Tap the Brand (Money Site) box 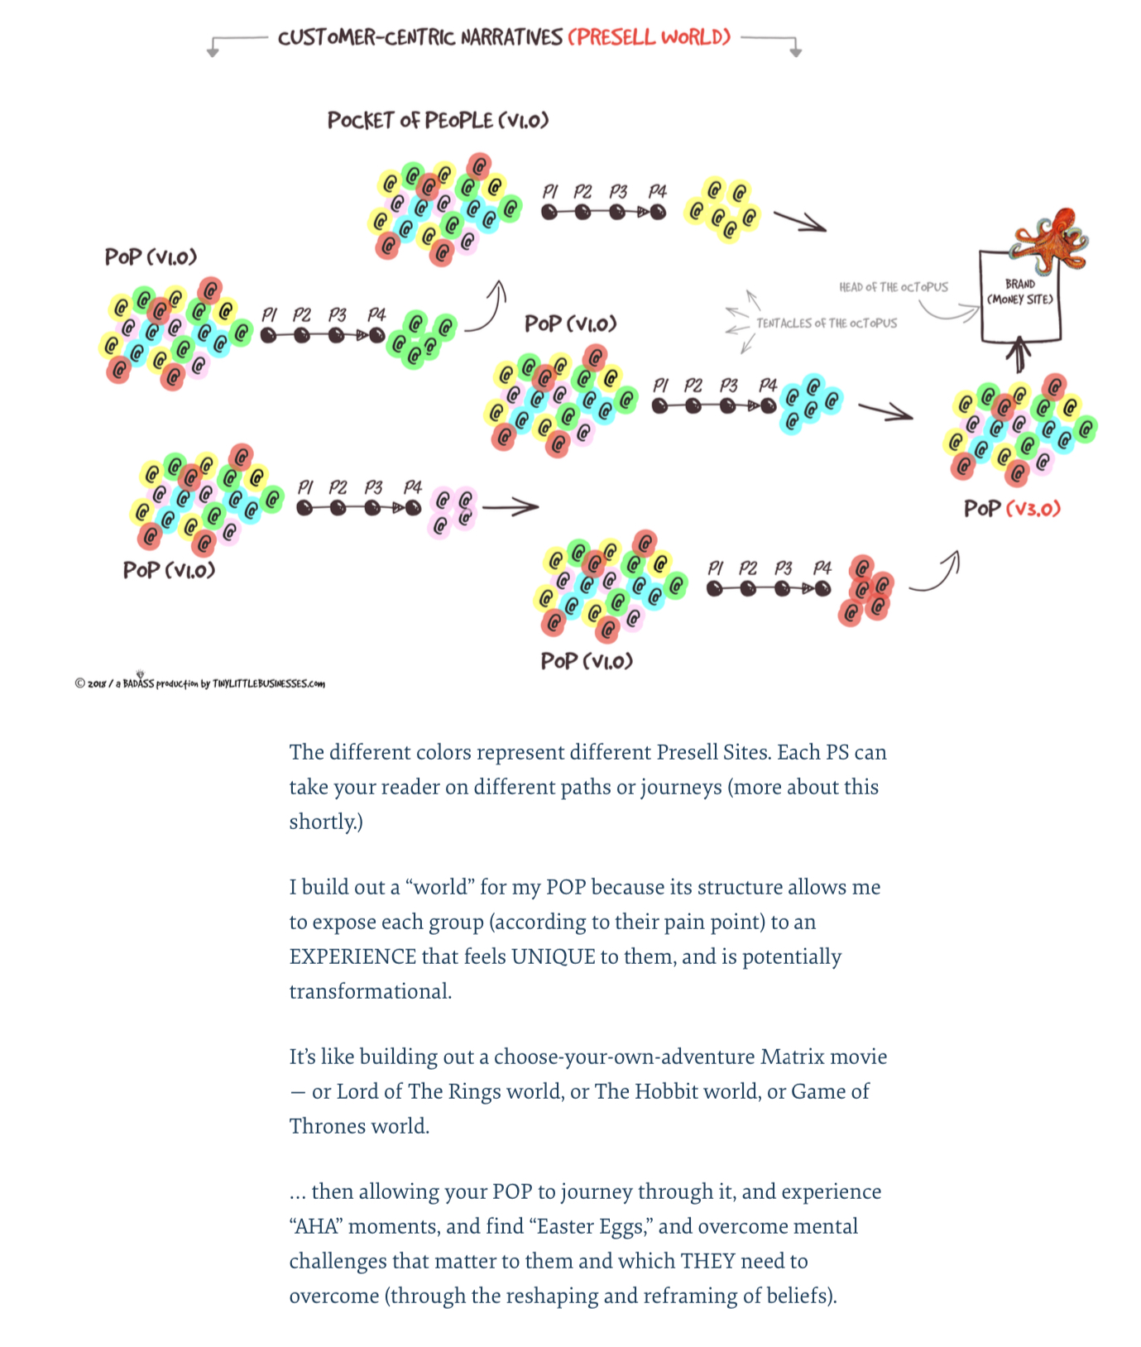[x=1019, y=295]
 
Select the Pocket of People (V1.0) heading [x=438, y=121]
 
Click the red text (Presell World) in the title [x=650, y=37]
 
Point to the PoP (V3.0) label [x=1011, y=508]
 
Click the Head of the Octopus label [x=893, y=287]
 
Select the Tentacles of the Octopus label [x=826, y=324]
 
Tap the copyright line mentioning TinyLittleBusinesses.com [x=199, y=683]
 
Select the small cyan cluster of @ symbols [x=809, y=403]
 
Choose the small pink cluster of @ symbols [x=453, y=511]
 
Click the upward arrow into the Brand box [x=1019, y=355]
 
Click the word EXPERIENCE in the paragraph [x=352, y=956]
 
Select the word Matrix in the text [x=792, y=1057]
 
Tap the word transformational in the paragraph [x=370, y=991]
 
